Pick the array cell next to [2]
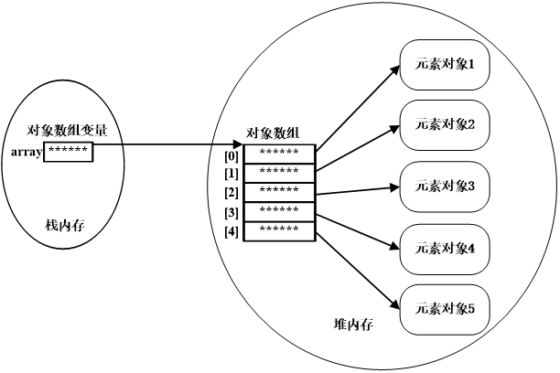(279, 191)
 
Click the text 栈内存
(65, 225)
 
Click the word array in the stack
(27, 152)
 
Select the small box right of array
(68, 151)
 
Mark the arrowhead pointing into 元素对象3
(394, 186)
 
